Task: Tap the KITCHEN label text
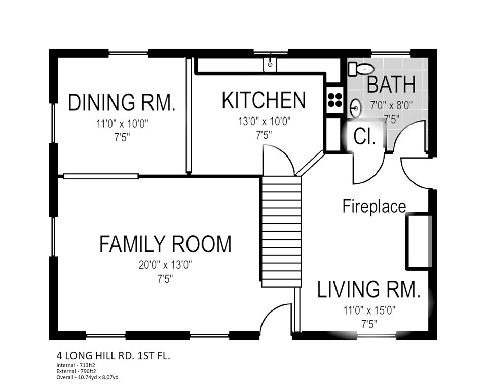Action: (x=264, y=100)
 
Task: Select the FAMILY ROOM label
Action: (x=165, y=244)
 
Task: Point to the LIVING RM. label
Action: (x=368, y=289)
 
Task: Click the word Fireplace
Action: (x=374, y=206)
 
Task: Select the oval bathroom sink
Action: (x=356, y=108)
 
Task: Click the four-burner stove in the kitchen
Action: (x=334, y=99)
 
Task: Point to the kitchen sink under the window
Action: (x=270, y=64)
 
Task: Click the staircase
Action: (x=281, y=231)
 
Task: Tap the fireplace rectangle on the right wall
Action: (x=419, y=241)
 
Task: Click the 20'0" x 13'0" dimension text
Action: (x=165, y=265)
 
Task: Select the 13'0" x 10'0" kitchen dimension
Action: (x=264, y=121)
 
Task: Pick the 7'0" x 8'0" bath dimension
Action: (x=391, y=106)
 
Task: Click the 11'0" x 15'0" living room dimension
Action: (x=369, y=310)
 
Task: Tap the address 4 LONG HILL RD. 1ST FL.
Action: (x=113, y=355)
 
